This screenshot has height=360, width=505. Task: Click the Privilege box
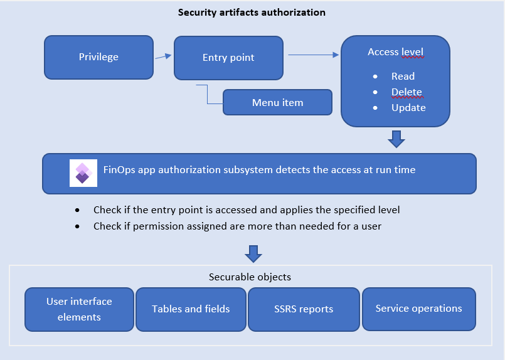click(98, 57)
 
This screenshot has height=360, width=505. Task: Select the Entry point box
click(228, 58)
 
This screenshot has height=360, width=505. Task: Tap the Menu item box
click(277, 102)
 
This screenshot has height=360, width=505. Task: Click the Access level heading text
click(395, 52)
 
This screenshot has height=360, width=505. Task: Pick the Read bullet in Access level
click(403, 77)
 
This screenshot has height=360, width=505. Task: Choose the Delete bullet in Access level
click(407, 92)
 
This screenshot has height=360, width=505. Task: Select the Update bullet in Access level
click(408, 108)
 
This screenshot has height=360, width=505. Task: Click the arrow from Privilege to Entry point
click(163, 56)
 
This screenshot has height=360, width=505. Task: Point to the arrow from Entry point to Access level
click(313, 55)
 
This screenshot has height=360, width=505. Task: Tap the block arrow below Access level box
click(396, 139)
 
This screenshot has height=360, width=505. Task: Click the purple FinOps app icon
click(83, 173)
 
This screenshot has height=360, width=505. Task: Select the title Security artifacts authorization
click(252, 13)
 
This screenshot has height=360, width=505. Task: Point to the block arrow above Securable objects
click(253, 253)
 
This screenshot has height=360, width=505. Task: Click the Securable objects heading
click(250, 277)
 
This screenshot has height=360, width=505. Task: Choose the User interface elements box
click(79, 309)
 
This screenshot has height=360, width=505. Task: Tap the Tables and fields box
click(191, 309)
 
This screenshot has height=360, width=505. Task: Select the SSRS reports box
click(304, 309)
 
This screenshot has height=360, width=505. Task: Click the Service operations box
click(418, 309)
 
